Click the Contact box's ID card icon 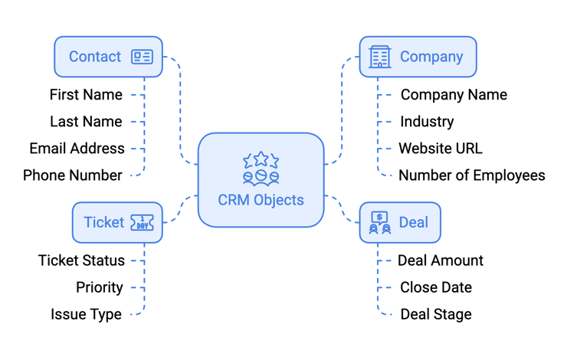pyautogui.click(x=142, y=57)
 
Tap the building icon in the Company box pyautogui.click(x=379, y=57)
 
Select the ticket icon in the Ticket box pyautogui.click(x=142, y=223)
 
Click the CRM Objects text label pyautogui.click(x=261, y=200)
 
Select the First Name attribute pyautogui.click(x=86, y=95)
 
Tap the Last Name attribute pyautogui.click(x=86, y=122)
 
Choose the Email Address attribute pyautogui.click(x=77, y=149)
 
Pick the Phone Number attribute pyautogui.click(x=73, y=175)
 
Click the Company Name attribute pyautogui.click(x=454, y=95)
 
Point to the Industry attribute pyautogui.click(x=427, y=122)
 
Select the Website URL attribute pyautogui.click(x=441, y=149)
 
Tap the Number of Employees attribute pyautogui.click(x=471, y=175)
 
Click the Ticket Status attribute pyautogui.click(x=81, y=260)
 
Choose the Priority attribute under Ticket pyautogui.click(x=100, y=287)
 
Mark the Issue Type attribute pyautogui.click(x=86, y=314)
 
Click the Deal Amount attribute pyautogui.click(x=441, y=260)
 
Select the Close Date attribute pyautogui.click(x=436, y=287)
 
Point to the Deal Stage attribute pyautogui.click(x=436, y=314)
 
